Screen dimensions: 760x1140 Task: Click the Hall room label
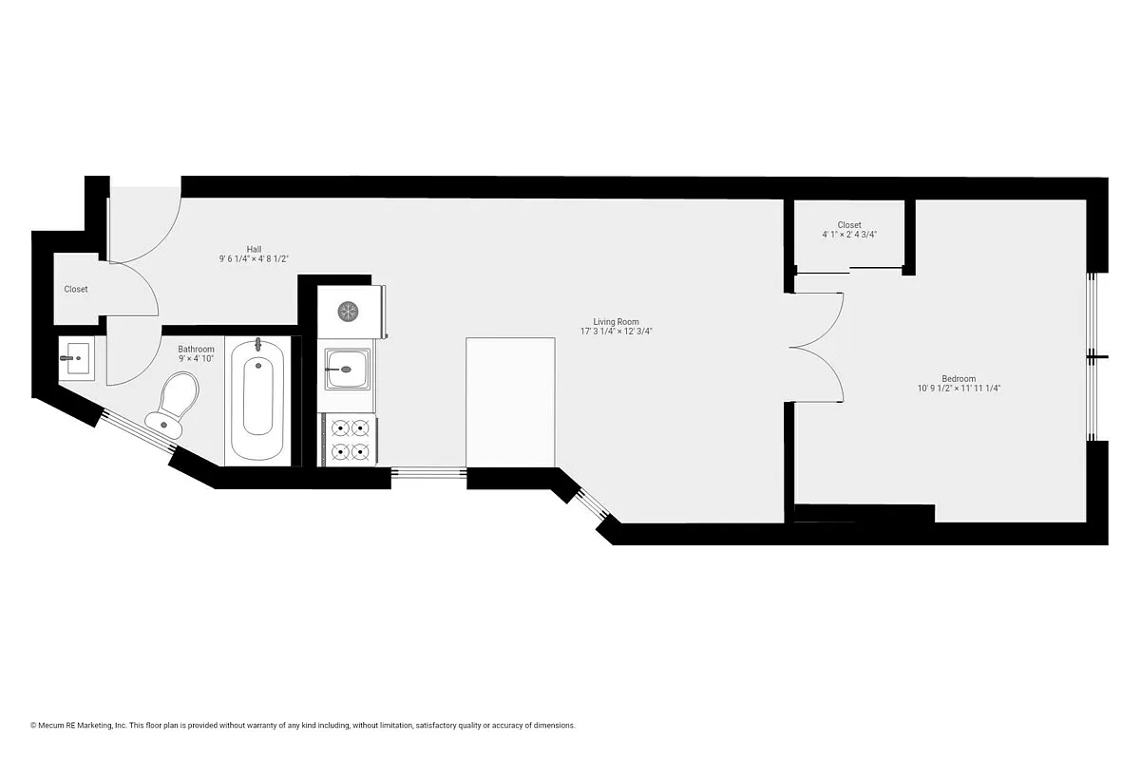(254, 249)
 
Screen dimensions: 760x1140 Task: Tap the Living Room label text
(617, 322)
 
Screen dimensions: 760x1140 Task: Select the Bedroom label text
(959, 378)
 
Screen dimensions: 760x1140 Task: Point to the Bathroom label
(197, 350)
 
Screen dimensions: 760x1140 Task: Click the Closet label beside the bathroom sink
(76, 289)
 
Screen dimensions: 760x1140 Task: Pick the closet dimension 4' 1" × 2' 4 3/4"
(849, 234)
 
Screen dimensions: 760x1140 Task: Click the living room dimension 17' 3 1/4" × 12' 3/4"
(617, 332)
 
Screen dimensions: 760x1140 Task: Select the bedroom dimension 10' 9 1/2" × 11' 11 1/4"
(959, 388)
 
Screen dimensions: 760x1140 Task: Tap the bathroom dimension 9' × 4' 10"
(197, 359)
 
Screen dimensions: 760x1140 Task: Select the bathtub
(257, 400)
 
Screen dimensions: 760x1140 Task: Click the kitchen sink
(346, 368)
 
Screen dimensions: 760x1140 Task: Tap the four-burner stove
(348, 440)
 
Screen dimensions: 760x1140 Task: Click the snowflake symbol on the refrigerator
(349, 311)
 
